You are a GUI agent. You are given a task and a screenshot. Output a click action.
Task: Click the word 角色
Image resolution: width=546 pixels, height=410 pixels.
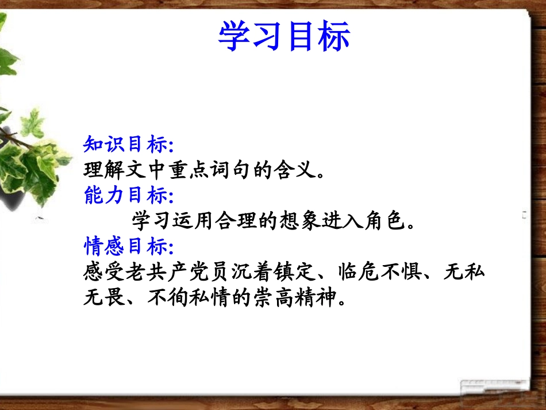390,220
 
